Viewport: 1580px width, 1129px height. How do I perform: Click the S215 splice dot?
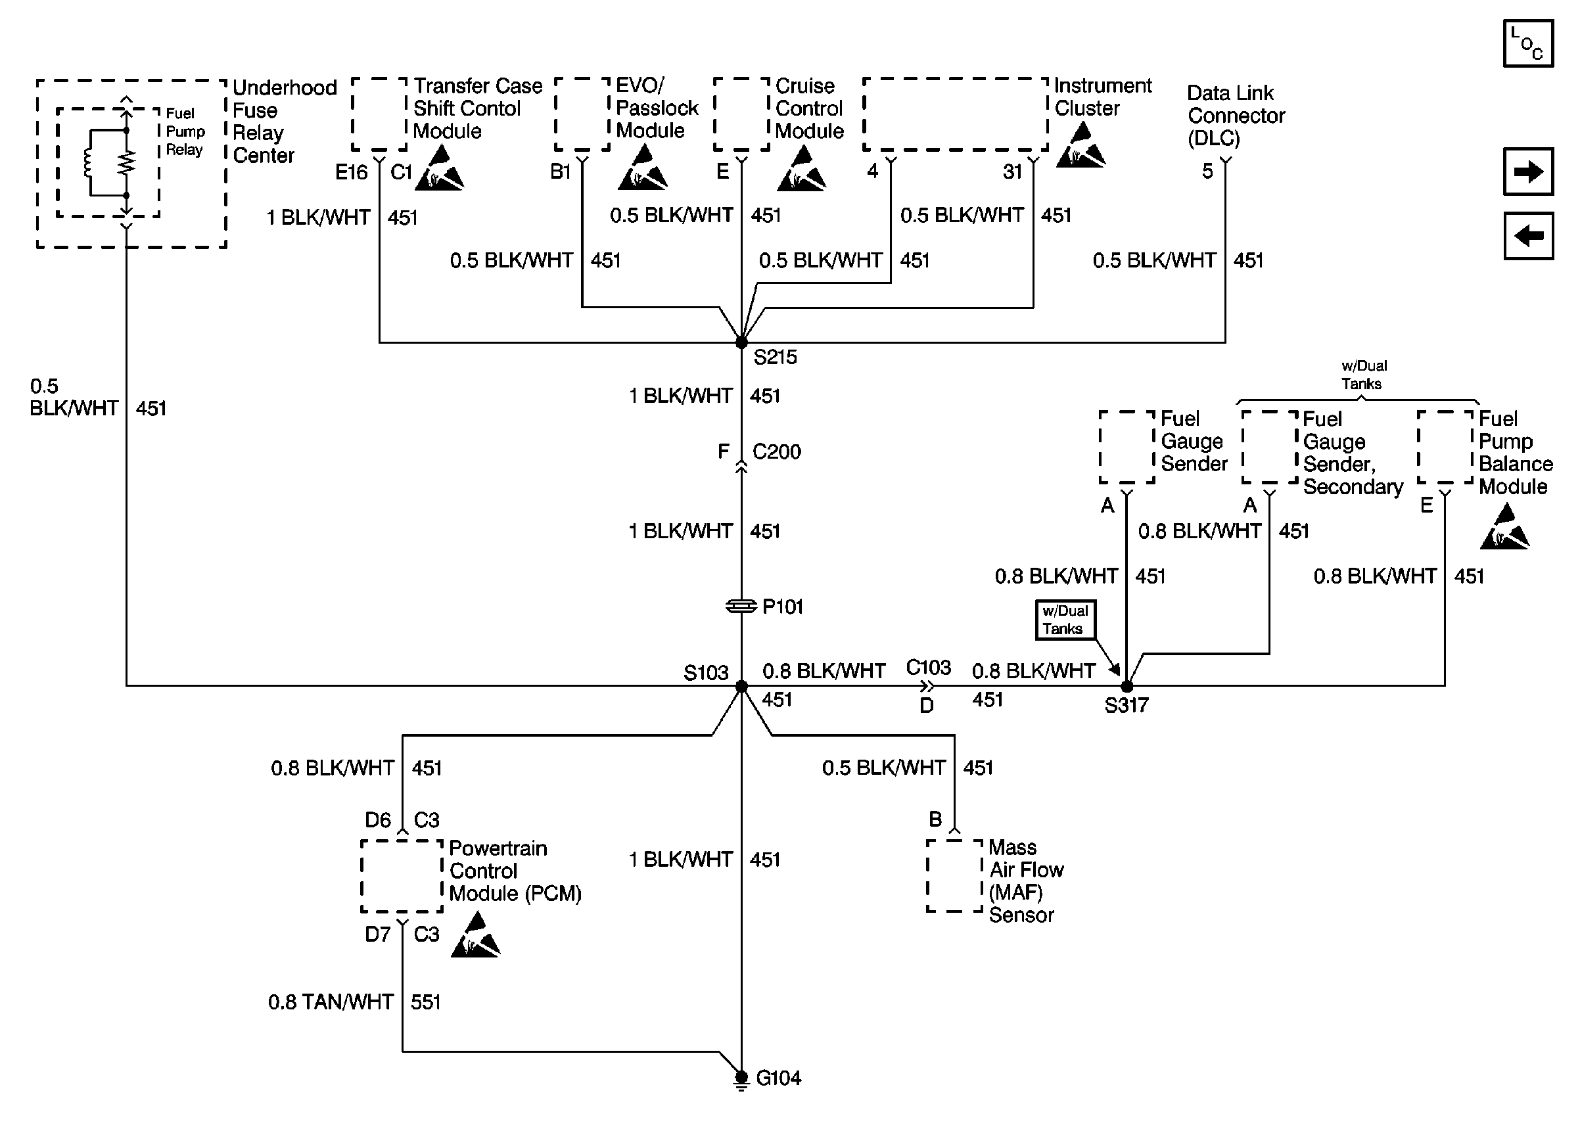point(741,342)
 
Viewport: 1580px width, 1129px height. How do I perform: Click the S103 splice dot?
point(741,686)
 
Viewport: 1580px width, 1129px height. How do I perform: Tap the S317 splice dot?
point(1127,686)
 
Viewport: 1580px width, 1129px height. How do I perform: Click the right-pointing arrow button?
point(1528,171)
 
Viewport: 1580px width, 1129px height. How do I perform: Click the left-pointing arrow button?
point(1528,236)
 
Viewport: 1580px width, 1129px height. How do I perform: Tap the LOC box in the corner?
point(1528,43)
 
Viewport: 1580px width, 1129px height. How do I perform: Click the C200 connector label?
point(776,452)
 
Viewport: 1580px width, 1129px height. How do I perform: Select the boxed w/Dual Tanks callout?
point(1065,620)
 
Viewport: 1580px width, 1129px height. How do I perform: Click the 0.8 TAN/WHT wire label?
point(331,1002)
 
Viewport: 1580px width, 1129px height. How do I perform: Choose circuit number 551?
point(425,1002)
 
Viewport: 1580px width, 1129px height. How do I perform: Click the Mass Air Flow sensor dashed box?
point(954,876)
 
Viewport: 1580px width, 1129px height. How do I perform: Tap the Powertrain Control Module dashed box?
point(402,876)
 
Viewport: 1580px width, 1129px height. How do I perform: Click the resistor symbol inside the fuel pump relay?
point(126,164)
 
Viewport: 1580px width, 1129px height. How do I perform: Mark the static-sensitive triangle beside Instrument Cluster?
point(1080,145)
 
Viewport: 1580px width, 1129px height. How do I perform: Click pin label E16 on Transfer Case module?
point(351,172)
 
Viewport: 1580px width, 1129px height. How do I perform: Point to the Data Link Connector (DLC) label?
point(1236,116)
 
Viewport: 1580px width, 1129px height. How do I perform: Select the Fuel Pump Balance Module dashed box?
point(1445,447)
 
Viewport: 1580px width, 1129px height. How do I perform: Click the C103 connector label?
point(928,668)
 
